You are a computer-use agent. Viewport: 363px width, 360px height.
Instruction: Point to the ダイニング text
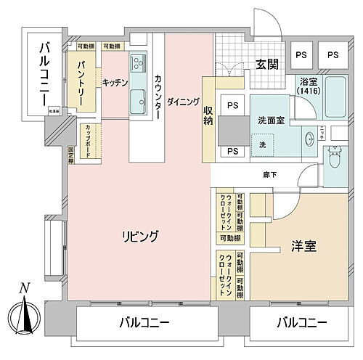182,102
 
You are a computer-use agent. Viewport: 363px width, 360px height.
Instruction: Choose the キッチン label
115,82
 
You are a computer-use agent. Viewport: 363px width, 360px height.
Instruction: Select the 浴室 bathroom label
309,87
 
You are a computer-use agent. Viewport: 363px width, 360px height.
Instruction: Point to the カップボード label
87,136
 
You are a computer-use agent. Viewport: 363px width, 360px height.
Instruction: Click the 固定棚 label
71,155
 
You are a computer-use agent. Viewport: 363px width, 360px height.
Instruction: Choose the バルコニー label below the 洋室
300,322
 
